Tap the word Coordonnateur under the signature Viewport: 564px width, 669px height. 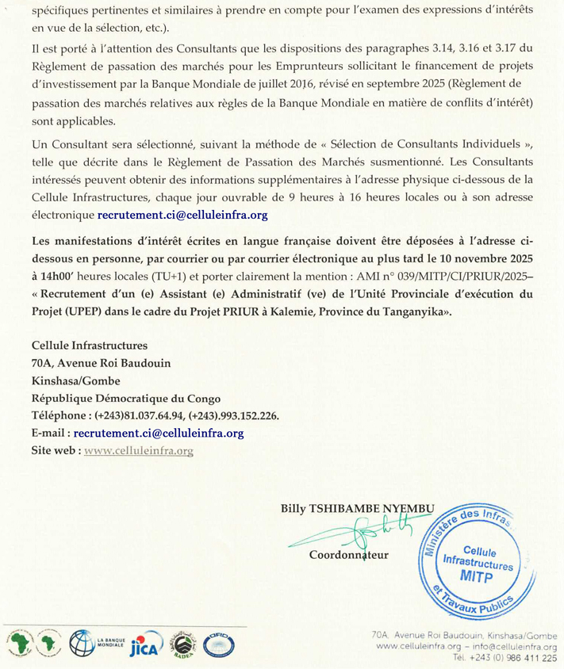pos(349,555)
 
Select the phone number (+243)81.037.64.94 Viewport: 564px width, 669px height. pos(140,415)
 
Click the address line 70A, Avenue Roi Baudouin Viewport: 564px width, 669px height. pos(100,363)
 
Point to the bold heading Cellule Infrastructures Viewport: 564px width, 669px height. pos(89,346)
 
